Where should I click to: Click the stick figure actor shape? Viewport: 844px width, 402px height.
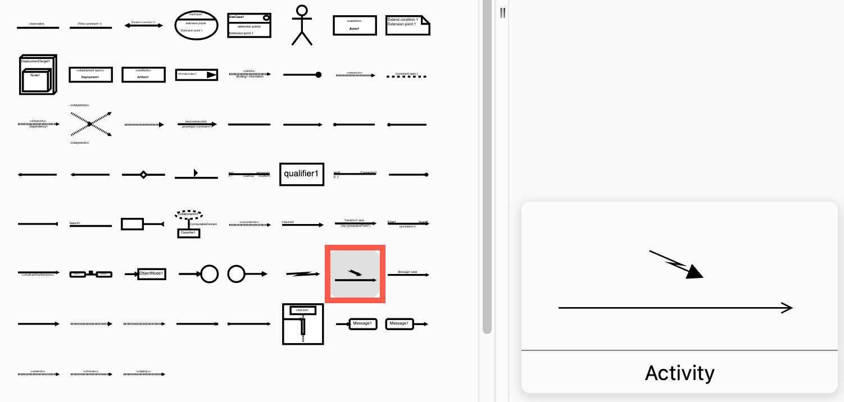[302, 25]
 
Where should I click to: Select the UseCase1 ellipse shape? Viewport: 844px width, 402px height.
[196, 25]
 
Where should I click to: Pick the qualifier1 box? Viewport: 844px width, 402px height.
[302, 174]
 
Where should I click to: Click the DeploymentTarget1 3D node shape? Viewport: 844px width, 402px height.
[38, 75]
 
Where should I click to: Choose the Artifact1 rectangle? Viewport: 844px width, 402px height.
[143, 75]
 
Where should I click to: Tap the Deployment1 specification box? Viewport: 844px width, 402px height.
[90, 75]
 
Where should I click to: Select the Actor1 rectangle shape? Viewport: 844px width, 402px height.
[354, 25]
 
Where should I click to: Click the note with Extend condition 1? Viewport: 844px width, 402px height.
[407, 25]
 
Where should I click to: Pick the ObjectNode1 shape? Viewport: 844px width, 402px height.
[151, 273]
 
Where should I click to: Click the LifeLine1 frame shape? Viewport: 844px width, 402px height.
[303, 324]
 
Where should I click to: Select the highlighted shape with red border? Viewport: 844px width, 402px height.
[355, 274]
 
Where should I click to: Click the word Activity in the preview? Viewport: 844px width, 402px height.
[679, 373]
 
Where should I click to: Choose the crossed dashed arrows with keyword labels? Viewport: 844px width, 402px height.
[90, 124]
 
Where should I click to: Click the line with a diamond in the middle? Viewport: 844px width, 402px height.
[143, 175]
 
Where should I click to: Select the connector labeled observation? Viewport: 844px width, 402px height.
[38, 26]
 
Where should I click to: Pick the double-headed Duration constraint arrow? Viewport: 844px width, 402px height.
[143, 25]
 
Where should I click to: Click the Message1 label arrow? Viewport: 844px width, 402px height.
[408, 274]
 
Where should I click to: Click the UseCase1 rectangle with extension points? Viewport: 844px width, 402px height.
[249, 25]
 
